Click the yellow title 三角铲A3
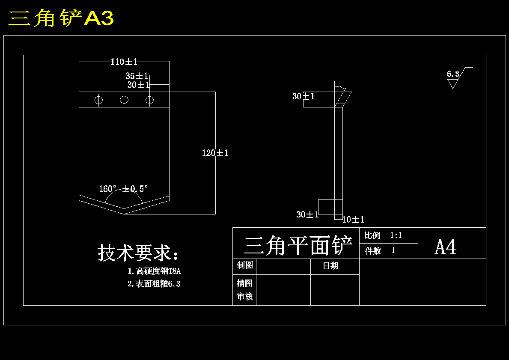click(x=61, y=18)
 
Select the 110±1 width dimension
click(x=124, y=62)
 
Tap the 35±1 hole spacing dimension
click(x=137, y=76)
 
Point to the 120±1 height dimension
click(x=215, y=153)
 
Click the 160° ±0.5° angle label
click(x=124, y=189)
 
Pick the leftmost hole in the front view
click(x=99, y=100)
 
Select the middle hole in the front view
click(x=124, y=100)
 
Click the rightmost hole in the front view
click(x=149, y=100)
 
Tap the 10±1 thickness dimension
click(x=353, y=220)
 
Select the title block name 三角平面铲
click(x=298, y=245)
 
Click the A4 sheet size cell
click(x=446, y=247)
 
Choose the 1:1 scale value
click(x=396, y=235)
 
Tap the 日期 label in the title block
click(x=330, y=266)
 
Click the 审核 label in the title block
click(x=245, y=296)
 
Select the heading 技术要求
click(x=138, y=253)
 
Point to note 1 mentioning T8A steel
click(x=154, y=271)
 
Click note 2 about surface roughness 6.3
click(x=154, y=284)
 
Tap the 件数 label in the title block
click(x=373, y=250)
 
